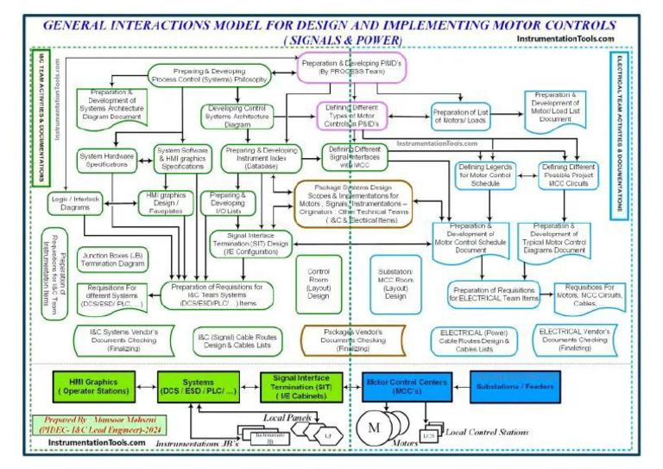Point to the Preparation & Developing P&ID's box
[x=343, y=67]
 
